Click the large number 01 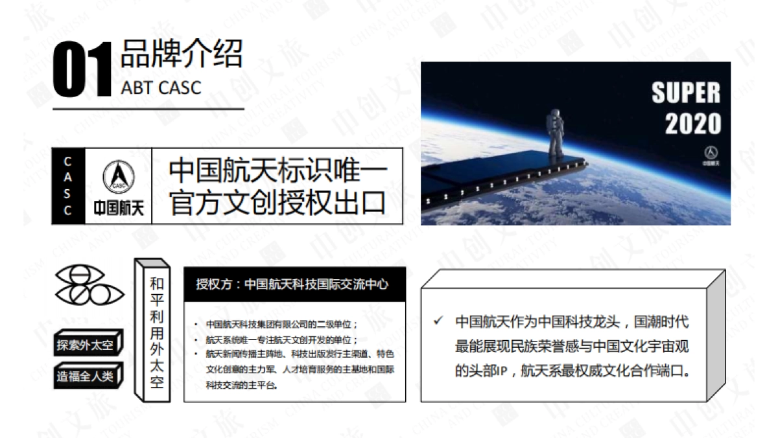tap(82, 70)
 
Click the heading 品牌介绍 tap(181, 54)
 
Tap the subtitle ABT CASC tap(161, 87)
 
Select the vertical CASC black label tap(68, 185)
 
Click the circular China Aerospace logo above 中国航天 tap(118, 176)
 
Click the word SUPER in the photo tap(685, 93)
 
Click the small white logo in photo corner tap(711, 156)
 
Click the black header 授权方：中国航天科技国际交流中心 tap(295, 284)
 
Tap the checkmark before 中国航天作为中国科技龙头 tap(439, 321)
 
